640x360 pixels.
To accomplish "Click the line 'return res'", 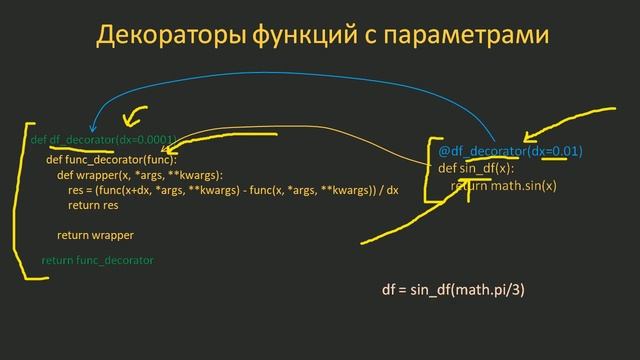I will pos(93,205).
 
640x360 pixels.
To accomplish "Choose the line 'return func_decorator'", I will pos(97,260).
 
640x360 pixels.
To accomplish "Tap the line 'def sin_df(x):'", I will pos(476,168).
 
